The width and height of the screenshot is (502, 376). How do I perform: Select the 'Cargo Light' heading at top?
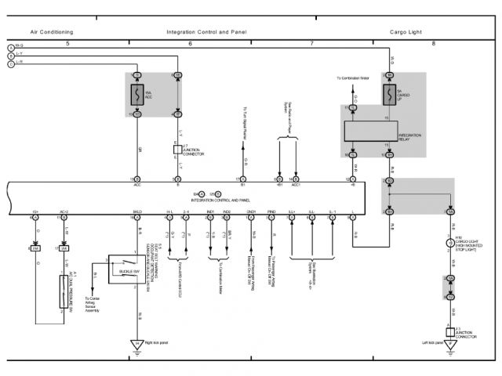pyautogui.click(x=406, y=32)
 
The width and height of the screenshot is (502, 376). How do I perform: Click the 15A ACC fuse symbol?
pyautogui.click(x=136, y=95)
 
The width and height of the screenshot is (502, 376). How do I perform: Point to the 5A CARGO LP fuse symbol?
pyautogui.click(x=388, y=95)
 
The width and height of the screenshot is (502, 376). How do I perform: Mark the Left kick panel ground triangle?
pyautogui.click(x=450, y=344)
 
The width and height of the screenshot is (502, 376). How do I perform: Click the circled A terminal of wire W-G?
pyautogui.click(x=11, y=48)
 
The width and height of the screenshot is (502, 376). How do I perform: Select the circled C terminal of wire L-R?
pyautogui.click(x=11, y=63)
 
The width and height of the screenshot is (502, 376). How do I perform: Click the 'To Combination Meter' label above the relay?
pyautogui.click(x=354, y=78)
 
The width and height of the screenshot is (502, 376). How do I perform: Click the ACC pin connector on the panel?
pyautogui.click(x=136, y=179)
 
